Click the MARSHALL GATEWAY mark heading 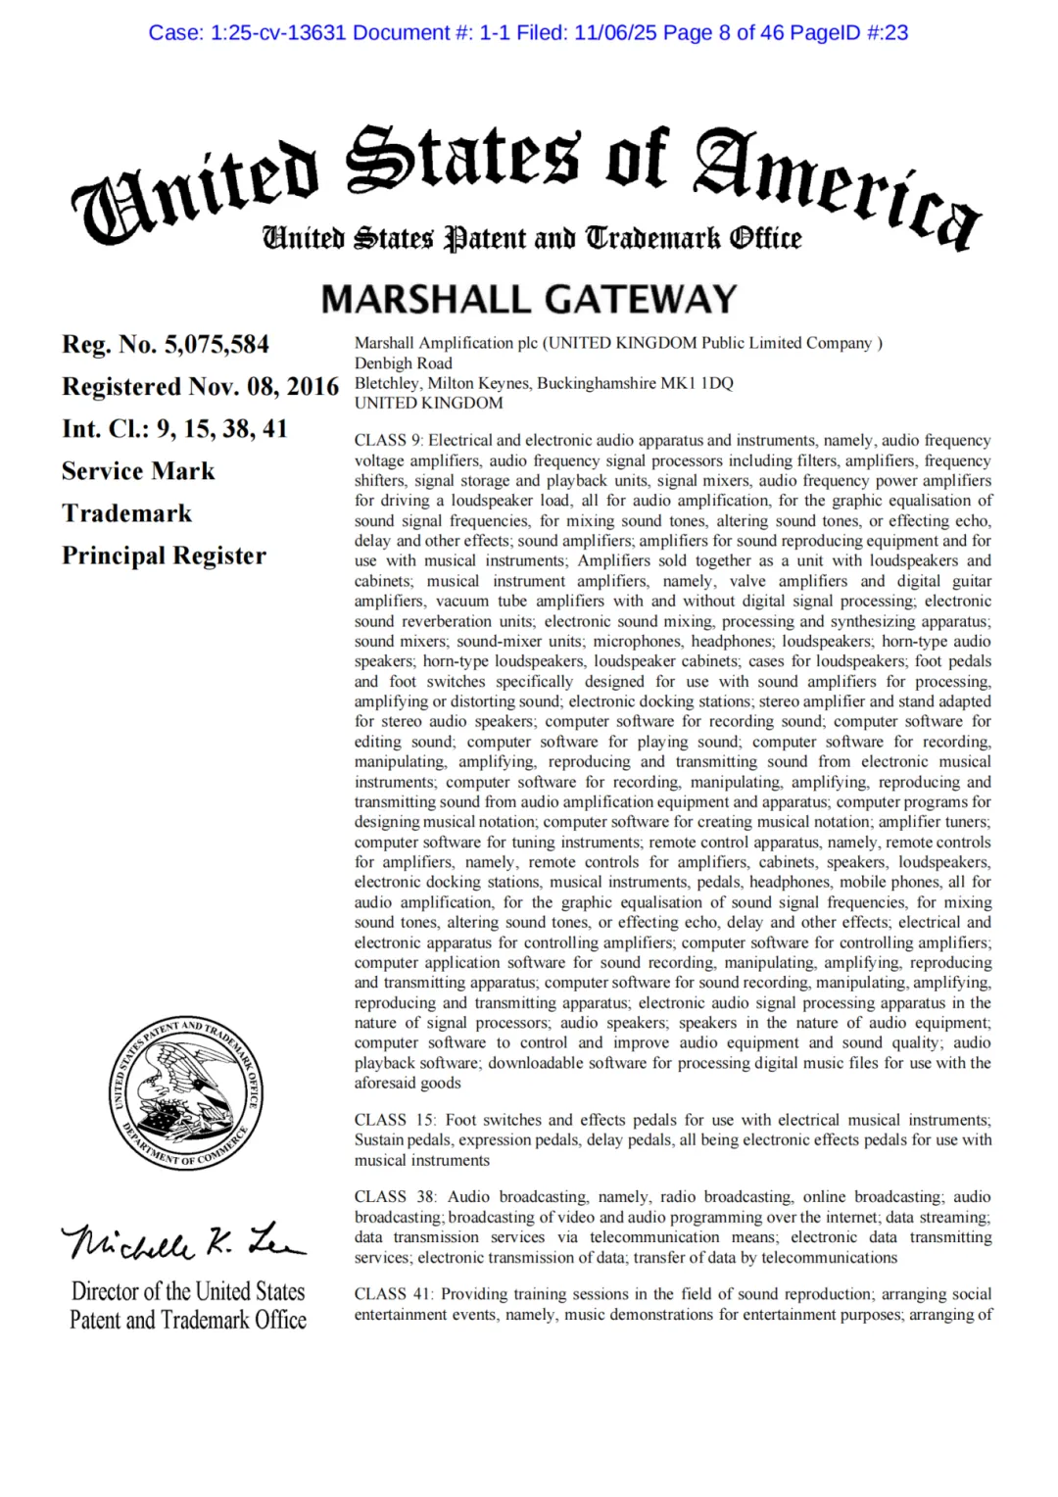[529, 299]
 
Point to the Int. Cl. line [174, 429]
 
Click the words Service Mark [138, 471]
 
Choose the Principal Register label [164, 555]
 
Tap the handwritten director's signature [183, 1242]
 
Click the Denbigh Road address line [404, 363]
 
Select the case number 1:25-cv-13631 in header [276, 32]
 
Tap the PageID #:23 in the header [848, 32]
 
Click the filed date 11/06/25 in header [615, 32]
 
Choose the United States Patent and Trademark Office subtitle [531, 238]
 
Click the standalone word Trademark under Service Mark [126, 513]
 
